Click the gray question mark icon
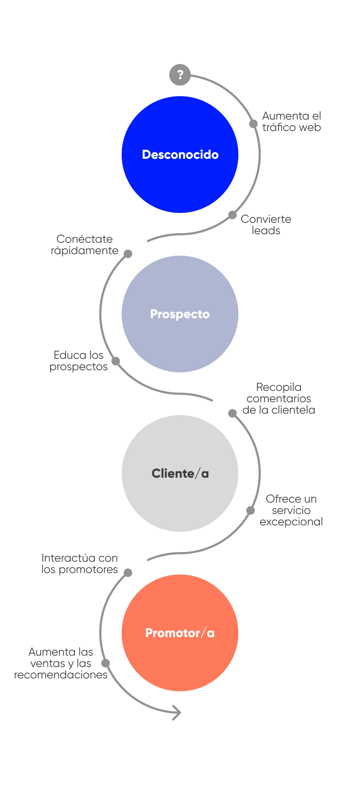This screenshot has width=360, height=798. [180, 75]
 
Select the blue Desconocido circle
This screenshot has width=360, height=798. [180, 154]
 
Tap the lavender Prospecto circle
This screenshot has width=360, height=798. [180, 314]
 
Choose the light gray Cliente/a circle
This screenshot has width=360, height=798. [180, 473]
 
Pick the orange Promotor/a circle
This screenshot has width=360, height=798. [180, 633]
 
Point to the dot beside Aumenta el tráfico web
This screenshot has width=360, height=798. [253, 124]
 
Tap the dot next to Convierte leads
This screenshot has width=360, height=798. [232, 215]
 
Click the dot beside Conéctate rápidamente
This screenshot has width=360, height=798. [128, 254]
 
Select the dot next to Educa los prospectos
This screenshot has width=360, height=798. [116, 361]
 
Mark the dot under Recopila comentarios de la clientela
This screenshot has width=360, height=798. [232, 413]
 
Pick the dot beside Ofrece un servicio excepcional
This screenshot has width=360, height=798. [251, 510]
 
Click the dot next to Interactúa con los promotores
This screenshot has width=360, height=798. [128, 573]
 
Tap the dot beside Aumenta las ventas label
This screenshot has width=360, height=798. [106, 663]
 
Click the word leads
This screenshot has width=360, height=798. [266, 231]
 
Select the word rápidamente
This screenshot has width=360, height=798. [84, 251]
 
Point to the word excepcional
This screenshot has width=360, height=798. [291, 522]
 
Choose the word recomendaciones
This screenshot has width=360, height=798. [60, 675]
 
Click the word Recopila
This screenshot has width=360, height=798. [279, 387]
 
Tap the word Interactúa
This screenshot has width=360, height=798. [63, 558]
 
